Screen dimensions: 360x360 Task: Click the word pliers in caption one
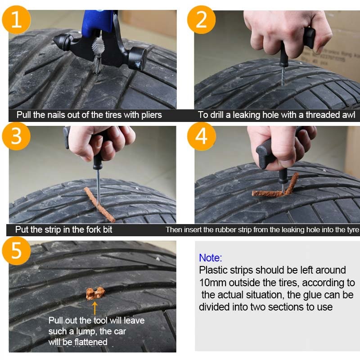pyautogui.click(x=149, y=115)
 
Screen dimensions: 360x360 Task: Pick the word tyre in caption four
pyautogui.click(x=352, y=229)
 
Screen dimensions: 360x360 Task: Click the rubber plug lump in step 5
pyautogui.click(x=95, y=293)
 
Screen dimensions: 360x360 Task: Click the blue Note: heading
pyautogui.click(x=211, y=258)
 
